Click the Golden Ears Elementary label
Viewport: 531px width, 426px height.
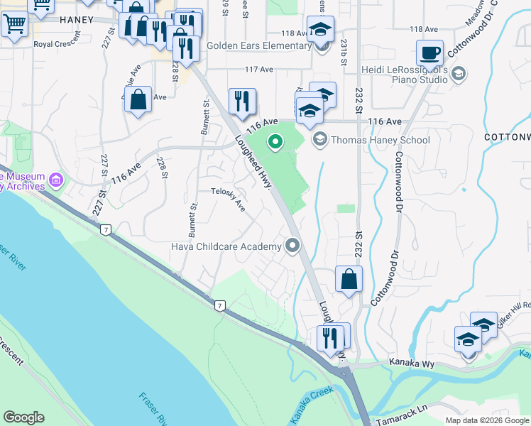tap(258, 46)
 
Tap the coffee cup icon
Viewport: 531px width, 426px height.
tap(430, 53)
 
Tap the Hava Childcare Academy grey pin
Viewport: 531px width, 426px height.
tap(292, 246)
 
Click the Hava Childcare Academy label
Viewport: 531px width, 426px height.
tap(226, 246)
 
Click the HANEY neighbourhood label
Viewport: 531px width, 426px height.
tap(76, 20)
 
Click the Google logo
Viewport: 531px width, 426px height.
tap(23, 417)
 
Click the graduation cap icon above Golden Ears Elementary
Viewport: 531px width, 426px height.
tap(320, 30)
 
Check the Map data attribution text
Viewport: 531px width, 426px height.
tap(487, 420)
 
